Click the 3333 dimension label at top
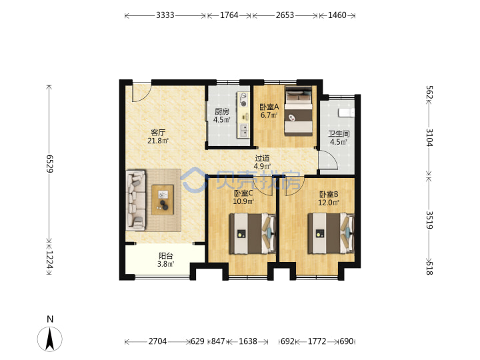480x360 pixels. click(x=165, y=15)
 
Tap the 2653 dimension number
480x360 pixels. click(x=285, y=15)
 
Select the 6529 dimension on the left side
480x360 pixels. click(x=49, y=163)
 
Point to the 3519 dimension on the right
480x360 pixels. click(x=429, y=220)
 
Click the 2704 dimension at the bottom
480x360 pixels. click(x=157, y=341)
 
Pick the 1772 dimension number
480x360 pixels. click(x=317, y=341)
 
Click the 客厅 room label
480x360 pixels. click(x=158, y=133)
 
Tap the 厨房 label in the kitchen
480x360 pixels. click(x=221, y=111)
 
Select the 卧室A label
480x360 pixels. click(x=269, y=107)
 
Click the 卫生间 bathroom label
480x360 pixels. click(x=339, y=134)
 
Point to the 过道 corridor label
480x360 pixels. click(x=263, y=158)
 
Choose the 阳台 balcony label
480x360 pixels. click(x=165, y=255)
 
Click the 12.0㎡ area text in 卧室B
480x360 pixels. click(x=329, y=203)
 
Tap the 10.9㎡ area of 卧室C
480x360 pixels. click(x=243, y=201)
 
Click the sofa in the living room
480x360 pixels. click(x=135, y=201)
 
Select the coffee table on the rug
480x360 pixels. click(x=163, y=199)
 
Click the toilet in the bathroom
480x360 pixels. click(x=346, y=113)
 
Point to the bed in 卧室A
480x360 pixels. click(x=299, y=111)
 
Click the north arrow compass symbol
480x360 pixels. click(x=50, y=339)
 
